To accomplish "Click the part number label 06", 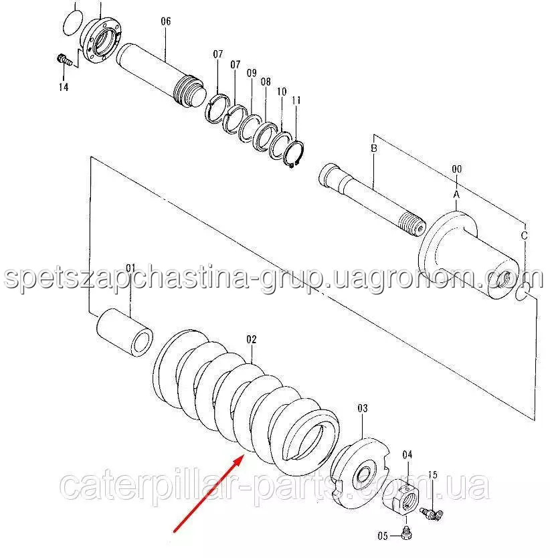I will pos(166,21).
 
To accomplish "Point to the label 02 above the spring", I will pos(251,340).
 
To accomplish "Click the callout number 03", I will pos(362,407).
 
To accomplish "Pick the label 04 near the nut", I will pos(407,455).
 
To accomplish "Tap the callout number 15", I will pos(432,474).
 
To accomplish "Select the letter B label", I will pos(375,148).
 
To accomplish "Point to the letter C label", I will pos(524,236).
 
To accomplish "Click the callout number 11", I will pos(296,100).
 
